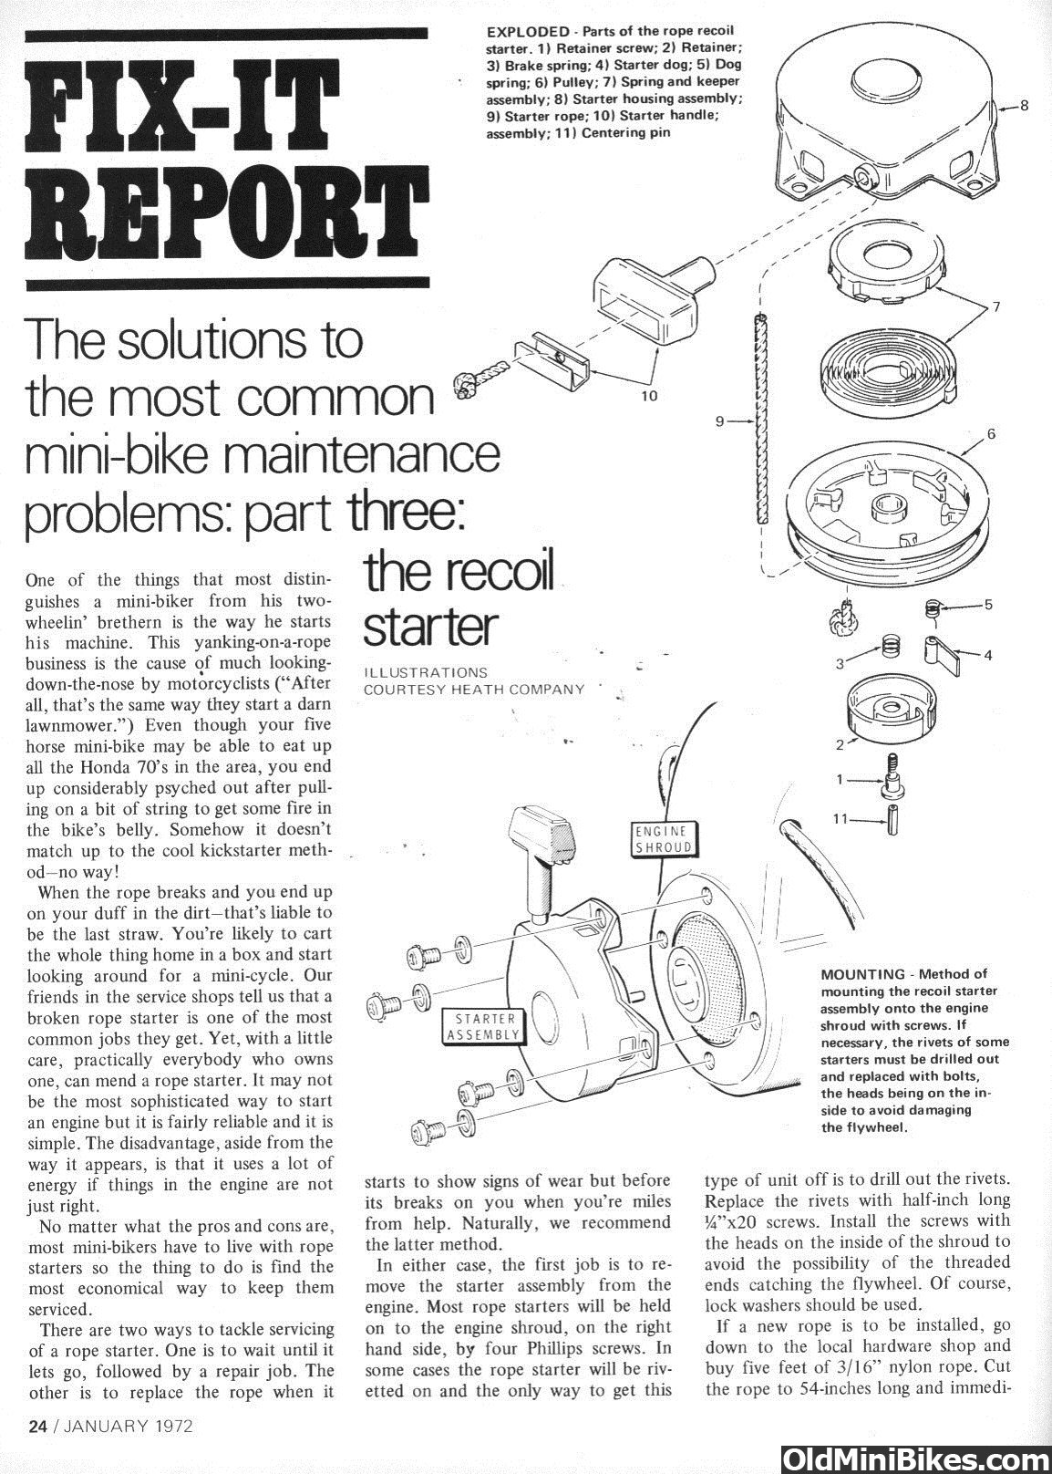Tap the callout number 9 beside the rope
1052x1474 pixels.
coord(719,421)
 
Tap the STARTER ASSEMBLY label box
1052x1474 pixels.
coord(484,1025)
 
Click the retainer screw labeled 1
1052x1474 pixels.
coord(887,774)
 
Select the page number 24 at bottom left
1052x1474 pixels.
coord(37,1427)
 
